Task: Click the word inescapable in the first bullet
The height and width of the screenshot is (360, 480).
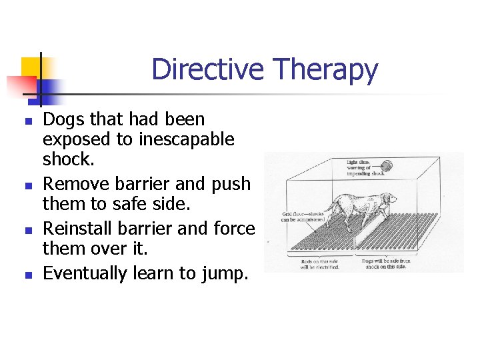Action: click(187, 139)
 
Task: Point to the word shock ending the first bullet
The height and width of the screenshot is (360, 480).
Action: click(65, 159)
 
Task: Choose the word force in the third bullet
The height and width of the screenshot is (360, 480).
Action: click(235, 229)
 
